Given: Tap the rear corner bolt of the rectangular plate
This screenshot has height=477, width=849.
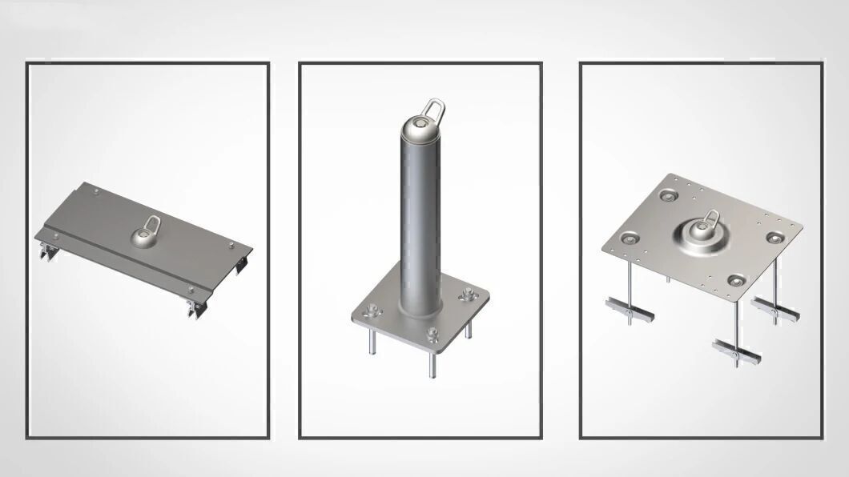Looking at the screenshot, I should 95,191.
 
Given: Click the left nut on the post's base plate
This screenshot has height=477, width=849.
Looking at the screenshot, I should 369,311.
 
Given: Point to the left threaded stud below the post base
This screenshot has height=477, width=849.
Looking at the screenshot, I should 371,342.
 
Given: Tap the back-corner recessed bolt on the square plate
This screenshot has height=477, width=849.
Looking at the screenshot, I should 669,194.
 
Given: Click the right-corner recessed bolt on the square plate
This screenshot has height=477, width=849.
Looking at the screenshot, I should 773,237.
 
